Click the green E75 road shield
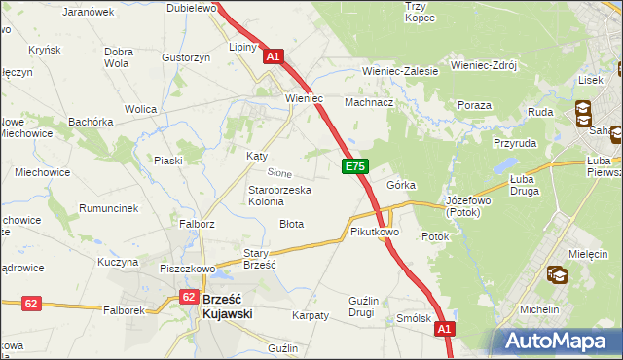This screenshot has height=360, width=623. (x=354, y=168)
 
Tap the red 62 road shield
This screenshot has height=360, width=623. (x=31, y=304)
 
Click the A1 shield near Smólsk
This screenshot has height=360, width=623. (x=445, y=331)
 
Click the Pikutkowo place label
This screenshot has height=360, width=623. (x=375, y=233)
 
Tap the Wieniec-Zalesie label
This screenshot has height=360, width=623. (x=400, y=71)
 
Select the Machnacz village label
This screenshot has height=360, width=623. (x=369, y=101)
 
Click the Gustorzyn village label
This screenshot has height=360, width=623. (x=187, y=57)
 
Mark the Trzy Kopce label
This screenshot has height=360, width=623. (x=419, y=12)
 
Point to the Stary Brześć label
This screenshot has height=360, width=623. (x=260, y=258)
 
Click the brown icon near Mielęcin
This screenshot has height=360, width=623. (x=558, y=276)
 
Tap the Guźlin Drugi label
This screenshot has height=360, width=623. (x=348, y=306)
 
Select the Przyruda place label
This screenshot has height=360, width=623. (x=515, y=141)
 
